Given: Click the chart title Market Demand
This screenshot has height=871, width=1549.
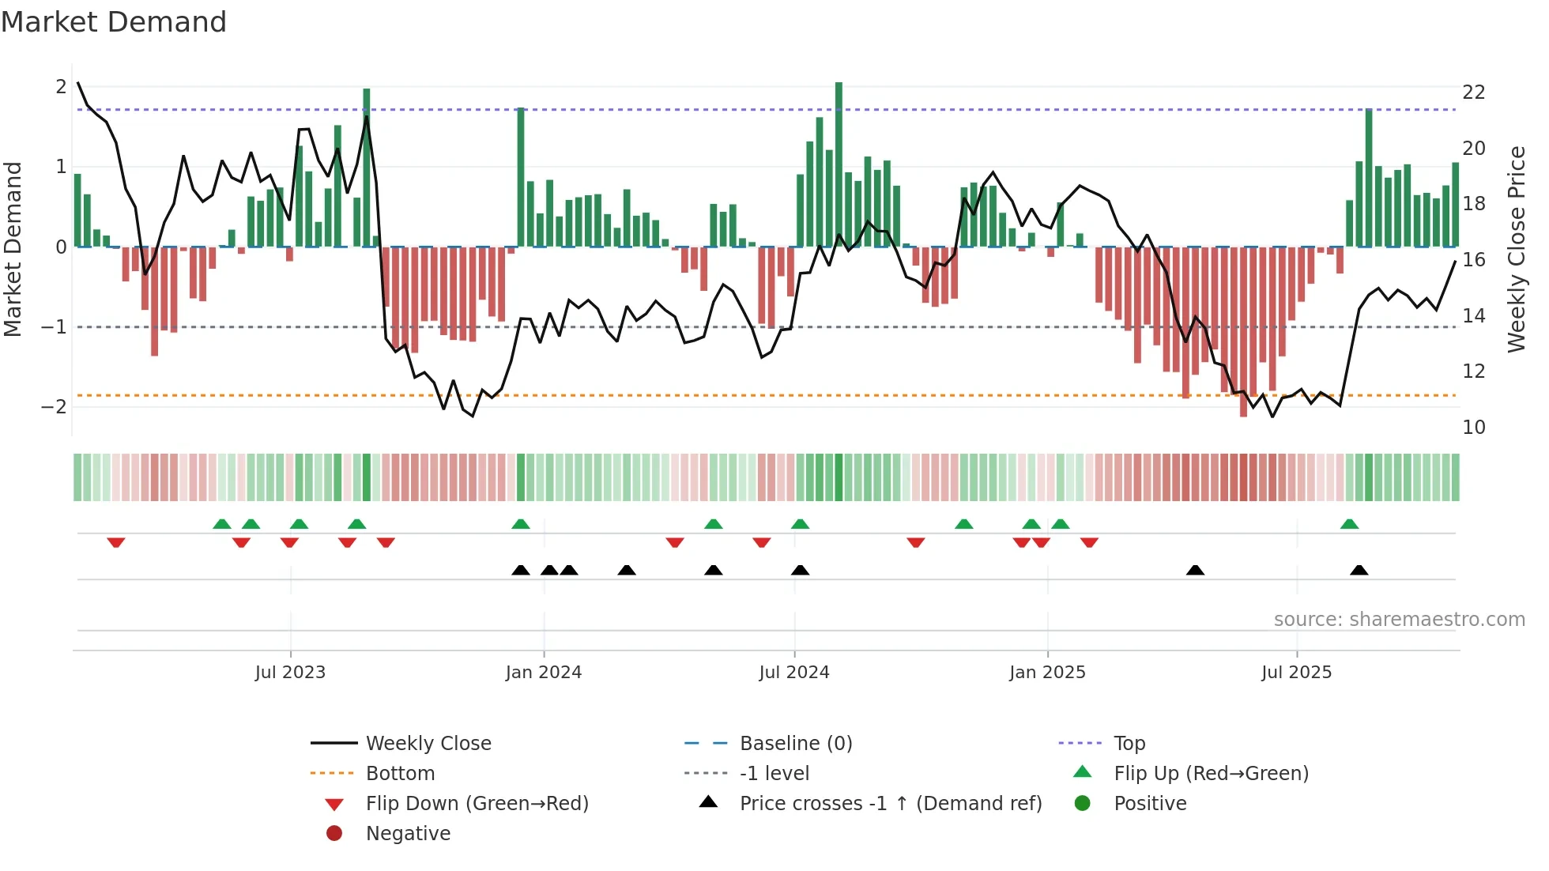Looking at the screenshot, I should [x=114, y=22].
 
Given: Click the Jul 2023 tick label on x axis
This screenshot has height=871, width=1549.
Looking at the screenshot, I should [x=290, y=673].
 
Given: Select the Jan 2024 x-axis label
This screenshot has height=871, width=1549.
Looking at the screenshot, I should [x=544, y=673].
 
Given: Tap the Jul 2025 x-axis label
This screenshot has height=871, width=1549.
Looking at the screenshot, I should [x=1296, y=673].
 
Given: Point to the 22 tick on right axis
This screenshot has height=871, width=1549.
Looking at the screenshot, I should [x=1473, y=92].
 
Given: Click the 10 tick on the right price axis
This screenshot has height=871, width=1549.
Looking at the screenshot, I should [x=1473, y=428].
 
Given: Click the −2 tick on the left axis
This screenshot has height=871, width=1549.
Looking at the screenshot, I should [x=55, y=407].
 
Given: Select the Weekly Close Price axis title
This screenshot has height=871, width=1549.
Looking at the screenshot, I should [x=1516, y=249].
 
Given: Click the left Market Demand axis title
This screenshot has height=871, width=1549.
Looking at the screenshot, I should [x=13, y=249].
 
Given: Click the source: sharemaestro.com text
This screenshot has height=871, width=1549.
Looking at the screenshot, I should [x=1399, y=620].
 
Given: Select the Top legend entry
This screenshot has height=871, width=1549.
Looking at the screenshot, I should [x=1129, y=744].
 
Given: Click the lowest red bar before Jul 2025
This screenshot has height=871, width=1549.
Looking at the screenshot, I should [x=1243, y=332].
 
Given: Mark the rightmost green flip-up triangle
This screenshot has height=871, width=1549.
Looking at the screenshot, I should [x=1349, y=524].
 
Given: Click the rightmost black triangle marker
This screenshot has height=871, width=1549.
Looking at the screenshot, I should [x=1359, y=570].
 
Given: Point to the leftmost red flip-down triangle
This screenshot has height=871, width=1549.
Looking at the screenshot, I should [x=116, y=542].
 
